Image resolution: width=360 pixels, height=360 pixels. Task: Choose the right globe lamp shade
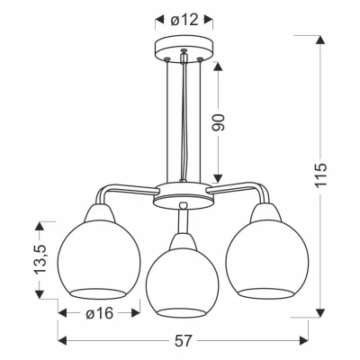click(265, 261)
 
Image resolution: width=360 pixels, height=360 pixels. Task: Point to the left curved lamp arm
click(112, 192)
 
